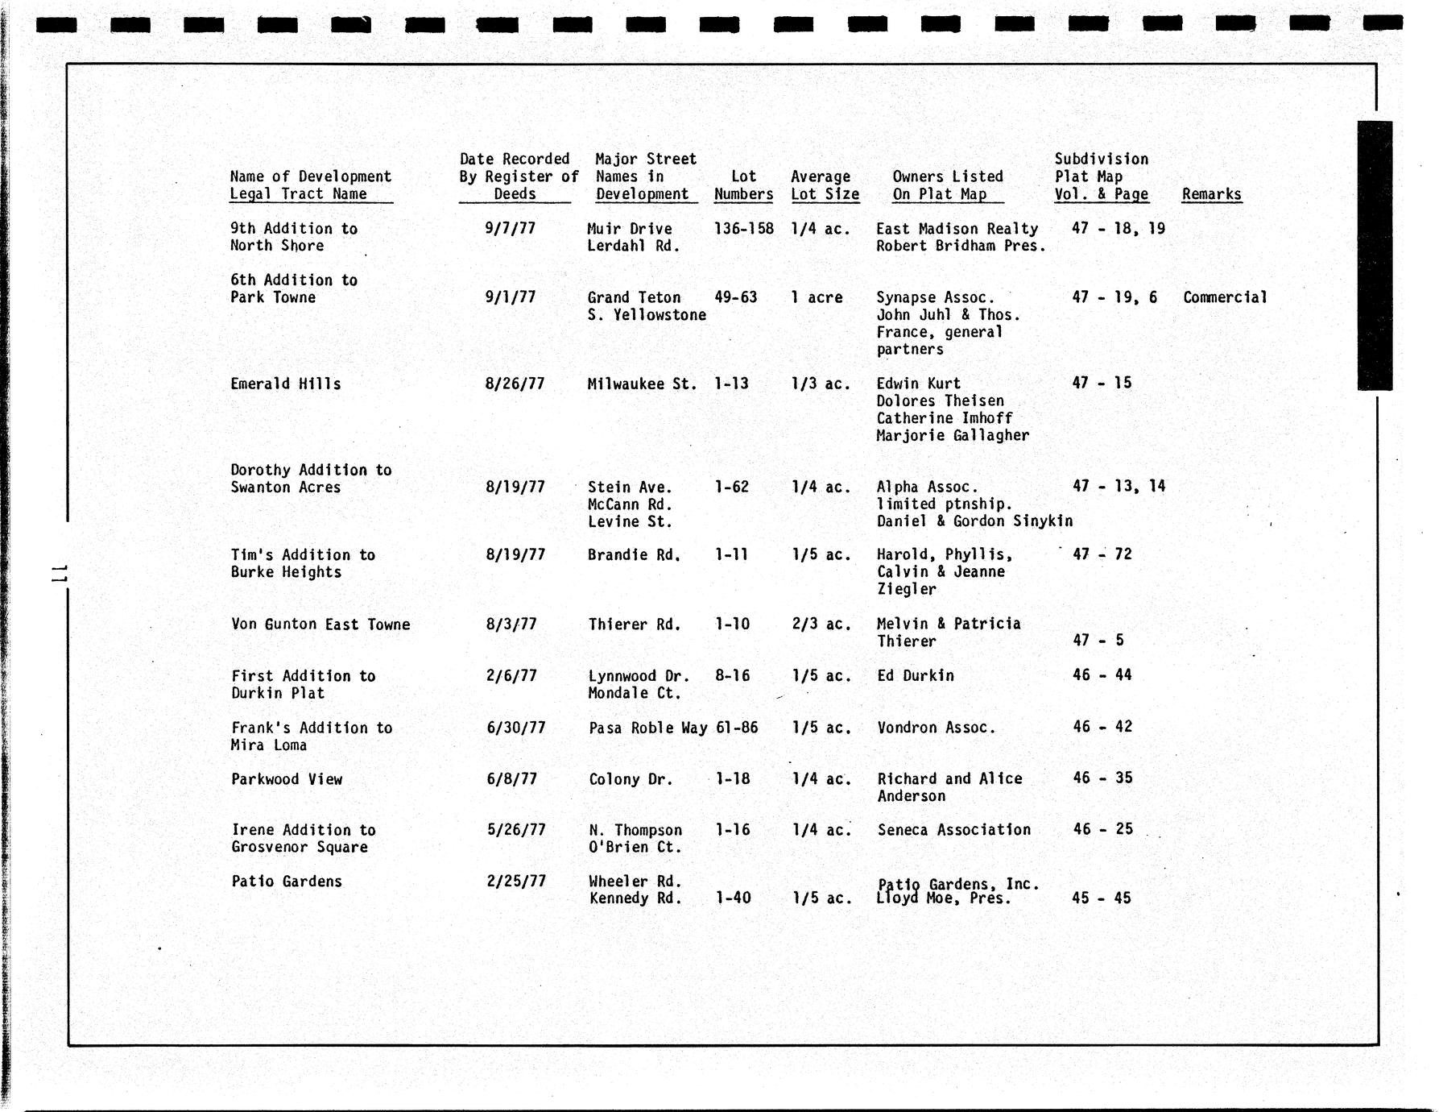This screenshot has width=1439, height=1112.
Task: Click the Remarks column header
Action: [x=1211, y=194]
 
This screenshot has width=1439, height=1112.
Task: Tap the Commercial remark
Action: [x=1225, y=297]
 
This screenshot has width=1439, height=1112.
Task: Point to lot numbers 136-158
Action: [x=743, y=228]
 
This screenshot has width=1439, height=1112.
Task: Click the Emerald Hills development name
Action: [x=286, y=384]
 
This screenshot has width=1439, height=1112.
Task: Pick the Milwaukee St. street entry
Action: [x=642, y=384]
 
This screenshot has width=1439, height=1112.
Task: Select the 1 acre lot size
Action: [x=817, y=297]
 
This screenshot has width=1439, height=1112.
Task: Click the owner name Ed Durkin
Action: [x=916, y=675]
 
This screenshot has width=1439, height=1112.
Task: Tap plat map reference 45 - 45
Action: [x=1102, y=898]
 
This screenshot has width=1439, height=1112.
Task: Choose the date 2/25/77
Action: [x=516, y=881]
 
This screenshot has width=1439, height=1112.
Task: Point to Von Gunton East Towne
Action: [x=320, y=624]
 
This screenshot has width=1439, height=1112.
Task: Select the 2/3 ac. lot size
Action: [x=821, y=624]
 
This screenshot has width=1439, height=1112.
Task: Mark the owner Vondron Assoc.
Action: [x=936, y=728]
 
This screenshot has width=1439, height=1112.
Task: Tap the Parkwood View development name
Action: [x=287, y=779]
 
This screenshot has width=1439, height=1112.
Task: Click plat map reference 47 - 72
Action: [x=1102, y=554]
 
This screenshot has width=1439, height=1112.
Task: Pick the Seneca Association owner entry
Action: [x=954, y=830]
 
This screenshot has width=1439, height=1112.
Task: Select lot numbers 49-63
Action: [x=735, y=297]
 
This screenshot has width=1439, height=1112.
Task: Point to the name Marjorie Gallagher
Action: [x=953, y=435]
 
